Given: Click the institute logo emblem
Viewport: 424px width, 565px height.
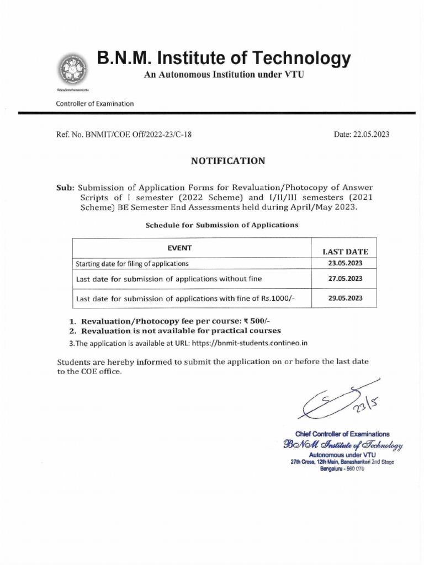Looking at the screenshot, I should click(x=71, y=70).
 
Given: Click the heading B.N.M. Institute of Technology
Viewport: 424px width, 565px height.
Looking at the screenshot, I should click(x=224, y=58).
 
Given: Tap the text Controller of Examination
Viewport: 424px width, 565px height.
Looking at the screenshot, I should click(x=94, y=103).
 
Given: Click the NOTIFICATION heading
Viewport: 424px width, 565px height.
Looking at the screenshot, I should click(x=228, y=161).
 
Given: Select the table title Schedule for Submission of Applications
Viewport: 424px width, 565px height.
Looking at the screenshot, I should click(x=221, y=225).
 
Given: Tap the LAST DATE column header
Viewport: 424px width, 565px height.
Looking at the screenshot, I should click(x=345, y=252).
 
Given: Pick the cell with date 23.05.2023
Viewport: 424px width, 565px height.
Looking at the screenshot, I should click(x=345, y=263).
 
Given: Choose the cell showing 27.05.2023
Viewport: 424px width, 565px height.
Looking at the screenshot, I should click(x=345, y=279).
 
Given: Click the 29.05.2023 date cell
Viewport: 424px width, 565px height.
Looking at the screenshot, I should click(x=345, y=298).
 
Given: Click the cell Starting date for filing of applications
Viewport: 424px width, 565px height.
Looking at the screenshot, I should click(x=132, y=264).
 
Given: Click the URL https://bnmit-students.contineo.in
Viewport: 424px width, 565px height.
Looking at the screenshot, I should click(x=250, y=343).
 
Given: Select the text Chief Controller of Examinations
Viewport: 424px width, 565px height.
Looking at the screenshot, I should click(x=342, y=434).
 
